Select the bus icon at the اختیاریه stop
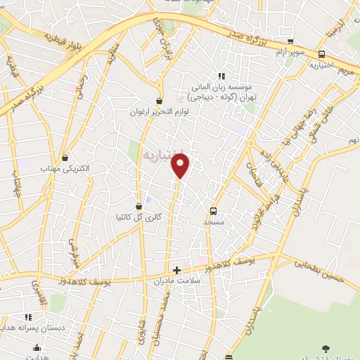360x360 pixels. point(321,54)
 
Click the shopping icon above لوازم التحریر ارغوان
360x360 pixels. point(160,101)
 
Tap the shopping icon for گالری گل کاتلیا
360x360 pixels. point(139,206)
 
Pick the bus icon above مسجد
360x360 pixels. point(213,211)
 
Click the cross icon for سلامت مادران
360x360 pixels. point(176,269)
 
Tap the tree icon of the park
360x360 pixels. point(325,348)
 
